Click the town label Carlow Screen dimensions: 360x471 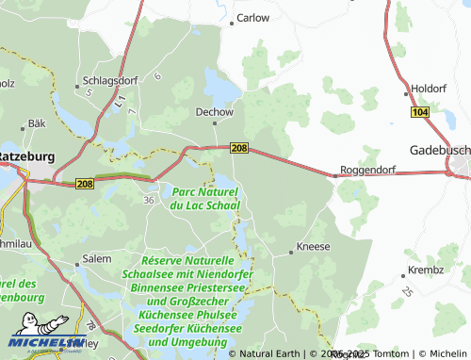click(253, 18)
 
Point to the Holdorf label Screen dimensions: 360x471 click(428, 89)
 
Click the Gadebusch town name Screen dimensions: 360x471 click(439, 150)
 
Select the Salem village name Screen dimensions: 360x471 click(97, 257)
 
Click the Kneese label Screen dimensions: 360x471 click(313, 246)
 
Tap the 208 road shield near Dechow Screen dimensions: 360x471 click(239, 148)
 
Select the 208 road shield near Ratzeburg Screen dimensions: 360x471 click(86, 183)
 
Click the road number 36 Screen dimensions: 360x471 click(148, 200)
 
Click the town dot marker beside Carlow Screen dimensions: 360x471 click(232, 18)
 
